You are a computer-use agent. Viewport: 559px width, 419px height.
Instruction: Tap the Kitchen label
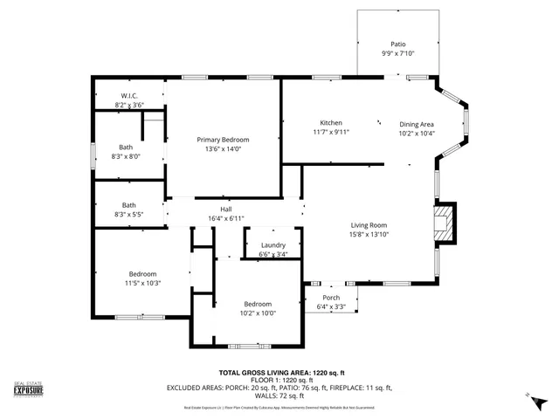point(331,123)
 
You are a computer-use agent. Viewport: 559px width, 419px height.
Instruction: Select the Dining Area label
point(417,124)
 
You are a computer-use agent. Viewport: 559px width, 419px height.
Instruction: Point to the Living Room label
point(369,224)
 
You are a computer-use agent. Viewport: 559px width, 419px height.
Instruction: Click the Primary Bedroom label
point(223,140)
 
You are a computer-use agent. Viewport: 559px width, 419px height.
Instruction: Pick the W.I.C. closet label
point(128,96)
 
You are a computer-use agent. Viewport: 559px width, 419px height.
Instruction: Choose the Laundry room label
point(273,245)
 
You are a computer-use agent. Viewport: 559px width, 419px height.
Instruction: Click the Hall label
point(225,209)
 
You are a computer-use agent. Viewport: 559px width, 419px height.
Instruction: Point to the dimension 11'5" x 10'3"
point(142,283)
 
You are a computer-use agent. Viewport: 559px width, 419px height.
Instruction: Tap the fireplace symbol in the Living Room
point(445,222)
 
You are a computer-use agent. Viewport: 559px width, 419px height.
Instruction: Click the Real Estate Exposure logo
point(28,391)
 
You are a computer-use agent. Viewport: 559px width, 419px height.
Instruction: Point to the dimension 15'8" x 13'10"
point(369,234)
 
